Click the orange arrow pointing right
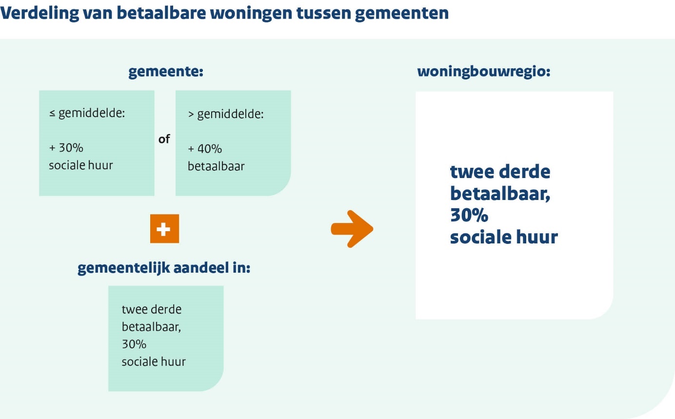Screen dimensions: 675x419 tap(352, 229)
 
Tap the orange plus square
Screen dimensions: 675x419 tap(164, 228)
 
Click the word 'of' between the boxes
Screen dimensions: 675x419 tap(164, 139)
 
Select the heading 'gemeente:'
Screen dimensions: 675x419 tap(166, 72)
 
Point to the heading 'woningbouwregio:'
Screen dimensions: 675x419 tap(484, 72)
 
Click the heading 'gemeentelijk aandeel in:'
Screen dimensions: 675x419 tap(164, 268)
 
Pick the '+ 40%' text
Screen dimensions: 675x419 tap(205, 149)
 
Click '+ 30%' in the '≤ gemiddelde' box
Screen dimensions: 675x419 tap(66, 148)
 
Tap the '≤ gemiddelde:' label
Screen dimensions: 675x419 tap(87, 113)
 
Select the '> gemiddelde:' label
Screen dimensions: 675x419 tap(226, 114)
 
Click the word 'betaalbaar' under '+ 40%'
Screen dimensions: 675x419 tap(216, 166)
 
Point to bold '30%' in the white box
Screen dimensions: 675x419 tap(469, 215)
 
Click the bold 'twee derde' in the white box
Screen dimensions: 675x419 tap(500, 172)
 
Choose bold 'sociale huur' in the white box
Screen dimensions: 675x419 tap(504, 237)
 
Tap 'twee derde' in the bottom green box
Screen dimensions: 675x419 tap(152, 309)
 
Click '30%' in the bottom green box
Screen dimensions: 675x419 tap(134, 344)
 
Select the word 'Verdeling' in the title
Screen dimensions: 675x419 tap(40, 13)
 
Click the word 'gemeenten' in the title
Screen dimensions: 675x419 tap(402, 14)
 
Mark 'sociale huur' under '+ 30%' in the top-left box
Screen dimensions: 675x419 tap(81, 165)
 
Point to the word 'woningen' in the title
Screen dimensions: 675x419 tap(251, 14)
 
